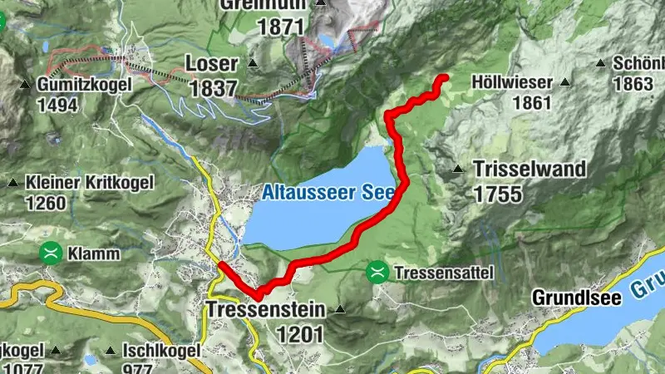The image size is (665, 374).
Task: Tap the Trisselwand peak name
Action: tap(530, 169)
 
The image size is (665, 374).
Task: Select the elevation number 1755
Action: tap(498, 194)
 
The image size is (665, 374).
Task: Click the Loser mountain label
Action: tap(212, 64)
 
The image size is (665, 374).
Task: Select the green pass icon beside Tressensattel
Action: tap(377, 272)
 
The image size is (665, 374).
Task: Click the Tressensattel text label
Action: tap(445, 273)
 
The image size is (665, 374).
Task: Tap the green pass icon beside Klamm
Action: tap(52, 253)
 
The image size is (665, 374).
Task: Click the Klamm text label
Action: tap(95, 253)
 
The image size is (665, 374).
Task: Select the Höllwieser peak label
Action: tap(512, 82)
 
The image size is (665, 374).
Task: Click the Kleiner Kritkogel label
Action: tap(79, 182)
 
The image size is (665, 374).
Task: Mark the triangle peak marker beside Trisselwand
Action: tap(458, 169)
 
